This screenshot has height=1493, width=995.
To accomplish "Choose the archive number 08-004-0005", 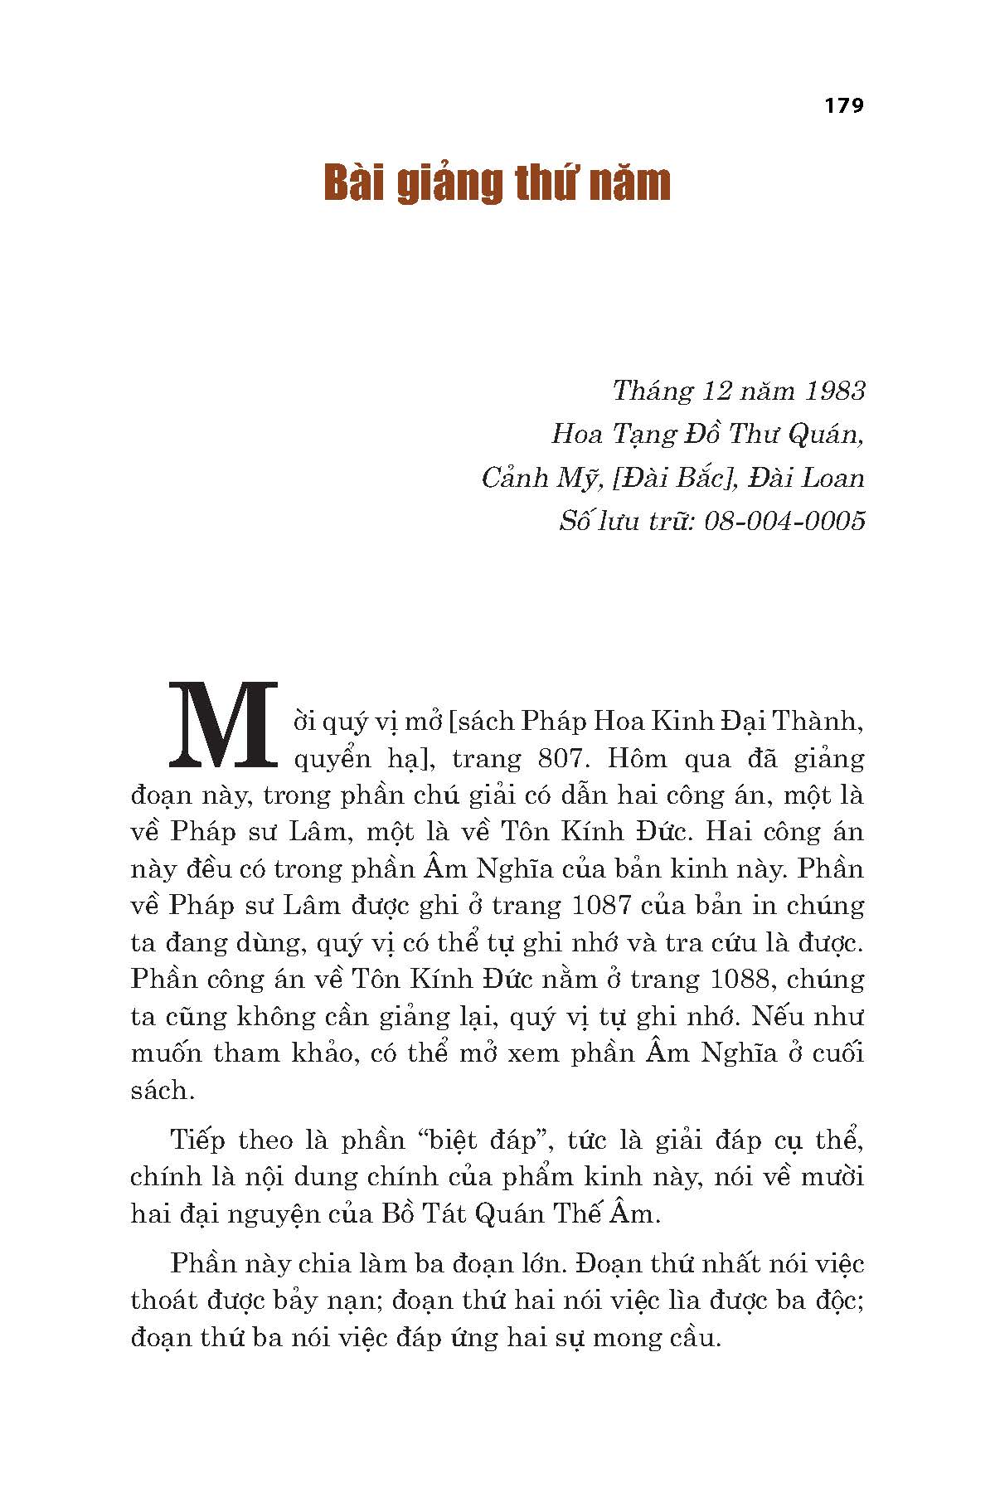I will click(784, 521).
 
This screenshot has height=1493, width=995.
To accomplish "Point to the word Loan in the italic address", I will click(834, 478).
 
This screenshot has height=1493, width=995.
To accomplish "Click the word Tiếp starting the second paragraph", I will click(198, 1140).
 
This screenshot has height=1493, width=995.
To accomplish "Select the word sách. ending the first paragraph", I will click(163, 1090).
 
